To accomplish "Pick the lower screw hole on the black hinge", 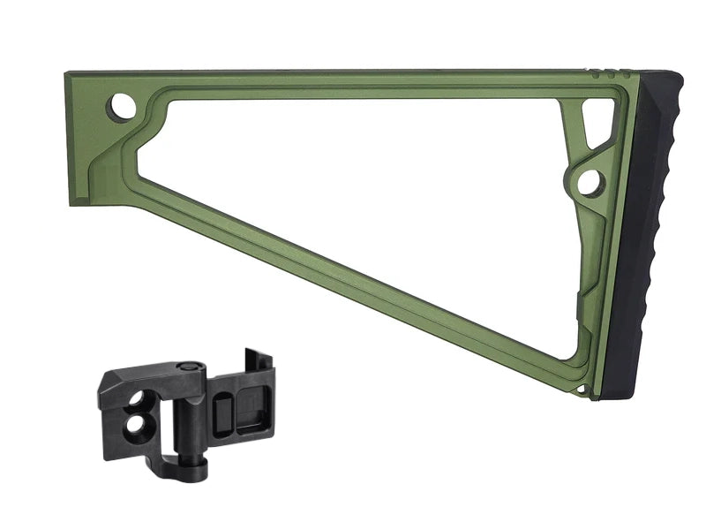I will [136, 426].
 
